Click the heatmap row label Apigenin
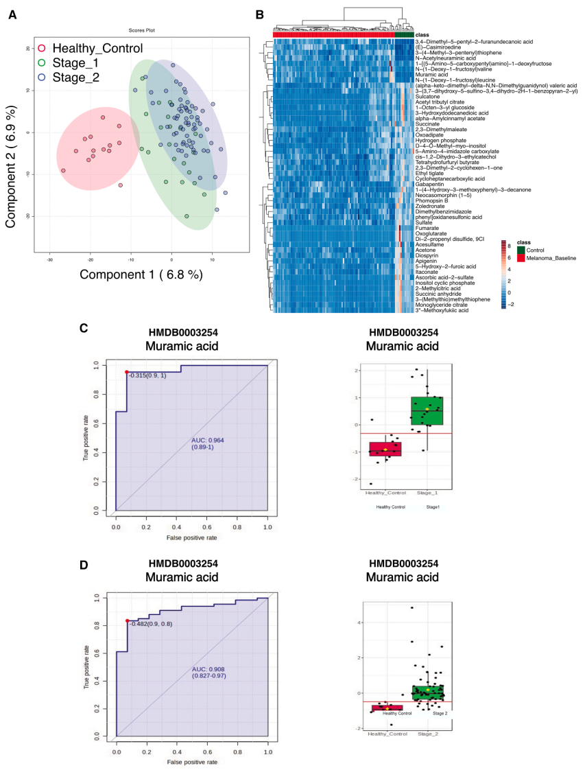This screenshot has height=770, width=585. point(427,261)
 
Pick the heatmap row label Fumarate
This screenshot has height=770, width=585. point(428,228)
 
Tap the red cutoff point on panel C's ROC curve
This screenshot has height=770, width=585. point(127,373)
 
